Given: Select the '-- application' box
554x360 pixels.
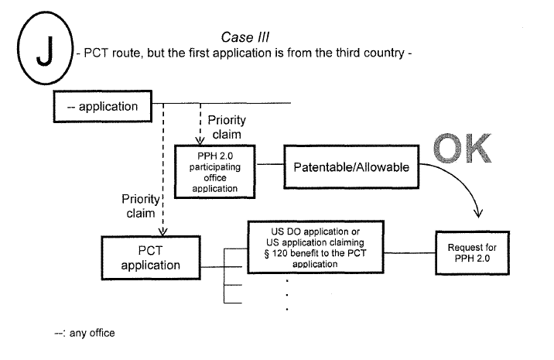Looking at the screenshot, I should click(104, 106).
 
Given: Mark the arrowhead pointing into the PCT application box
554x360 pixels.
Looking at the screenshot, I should click(162, 230).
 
